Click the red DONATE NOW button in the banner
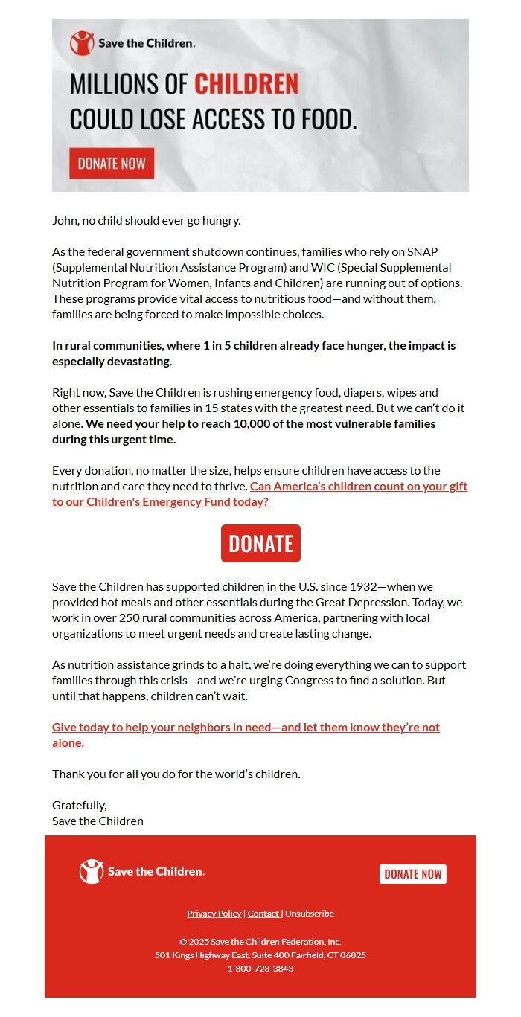pyautogui.click(x=112, y=164)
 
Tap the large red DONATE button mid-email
pyautogui.click(x=260, y=543)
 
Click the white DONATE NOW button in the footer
pyautogui.click(x=412, y=874)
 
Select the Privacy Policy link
pyautogui.click(x=214, y=914)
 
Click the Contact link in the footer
pyautogui.click(x=263, y=914)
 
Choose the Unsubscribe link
pyautogui.click(x=310, y=914)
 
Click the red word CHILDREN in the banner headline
pyautogui.click(x=246, y=84)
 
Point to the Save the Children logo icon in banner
pyautogui.click(x=82, y=43)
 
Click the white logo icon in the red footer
pyautogui.click(x=92, y=871)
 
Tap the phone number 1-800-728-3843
pyautogui.click(x=260, y=969)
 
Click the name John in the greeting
pyautogui.click(x=64, y=220)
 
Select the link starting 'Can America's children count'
pyautogui.click(x=358, y=487)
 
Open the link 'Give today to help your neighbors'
pyautogui.click(x=246, y=728)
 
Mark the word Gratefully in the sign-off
pyautogui.click(x=79, y=805)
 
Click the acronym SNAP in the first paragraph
pyautogui.click(x=422, y=251)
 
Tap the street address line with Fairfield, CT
pyautogui.click(x=260, y=955)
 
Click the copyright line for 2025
pyautogui.click(x=260, y=941)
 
